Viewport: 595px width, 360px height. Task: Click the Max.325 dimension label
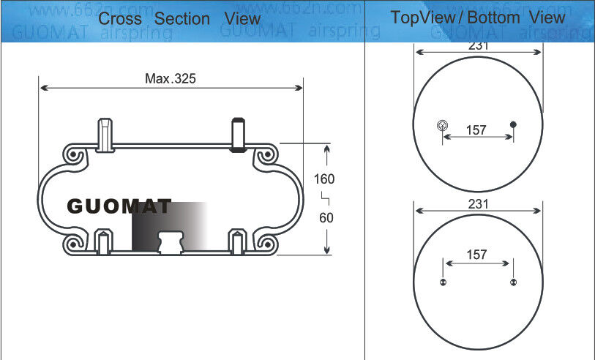point(170,78)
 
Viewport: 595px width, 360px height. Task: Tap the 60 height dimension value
point(326,217)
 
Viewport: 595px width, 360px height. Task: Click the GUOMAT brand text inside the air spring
point(119,207)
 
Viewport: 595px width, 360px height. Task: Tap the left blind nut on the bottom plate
point(104,241)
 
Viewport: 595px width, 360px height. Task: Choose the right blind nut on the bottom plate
point(239,241)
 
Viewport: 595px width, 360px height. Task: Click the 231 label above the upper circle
point(478,46)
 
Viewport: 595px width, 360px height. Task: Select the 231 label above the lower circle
point(478,205)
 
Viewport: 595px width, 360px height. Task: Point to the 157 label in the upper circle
point(476,130)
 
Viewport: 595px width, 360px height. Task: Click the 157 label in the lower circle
point(476,255)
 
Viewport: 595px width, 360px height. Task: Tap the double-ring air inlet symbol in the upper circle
point(441,125)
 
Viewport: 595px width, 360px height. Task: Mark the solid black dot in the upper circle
point(513,124)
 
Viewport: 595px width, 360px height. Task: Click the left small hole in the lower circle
point(442,283)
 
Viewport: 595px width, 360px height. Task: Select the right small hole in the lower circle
point(513,283)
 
